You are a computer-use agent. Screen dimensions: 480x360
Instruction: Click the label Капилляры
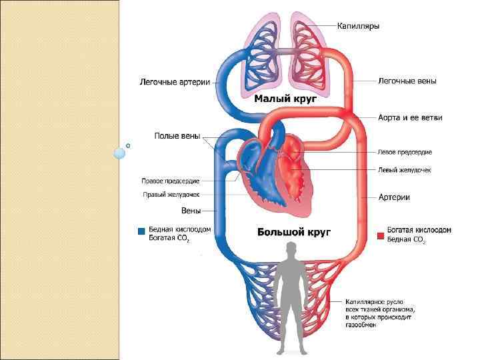358,26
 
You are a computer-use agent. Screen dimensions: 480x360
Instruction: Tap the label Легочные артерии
175,83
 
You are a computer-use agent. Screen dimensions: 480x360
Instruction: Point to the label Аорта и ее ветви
410,117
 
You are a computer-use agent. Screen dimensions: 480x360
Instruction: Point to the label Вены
191,211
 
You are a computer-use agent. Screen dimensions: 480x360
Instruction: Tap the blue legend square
141,232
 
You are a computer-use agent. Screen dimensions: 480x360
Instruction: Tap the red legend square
381,235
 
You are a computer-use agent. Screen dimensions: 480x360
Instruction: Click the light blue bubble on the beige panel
120,153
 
